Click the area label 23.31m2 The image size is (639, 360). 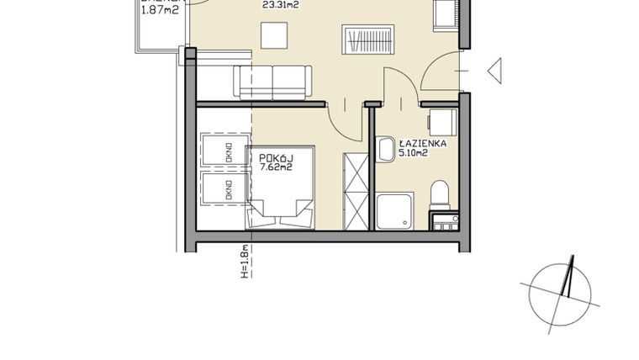click(281, 4)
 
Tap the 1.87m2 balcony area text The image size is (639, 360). click(160, 10)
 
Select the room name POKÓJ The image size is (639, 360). click(275, 156)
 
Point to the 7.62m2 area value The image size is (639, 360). click(276, 167)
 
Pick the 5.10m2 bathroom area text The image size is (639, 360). click(422, 154)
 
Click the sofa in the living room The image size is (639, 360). click(273, 82)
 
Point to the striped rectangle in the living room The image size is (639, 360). click(367, 40)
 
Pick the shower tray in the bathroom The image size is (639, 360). click(393, 212)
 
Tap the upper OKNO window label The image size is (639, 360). click(227, 152)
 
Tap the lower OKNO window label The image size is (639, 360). click(227, 191)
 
